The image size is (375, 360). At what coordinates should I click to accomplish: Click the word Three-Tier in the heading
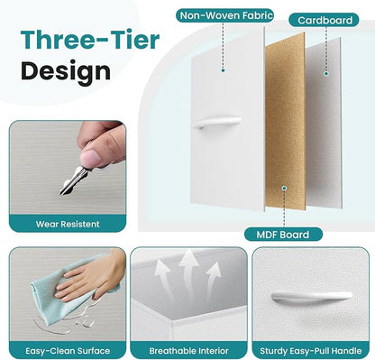(x=90, y=40)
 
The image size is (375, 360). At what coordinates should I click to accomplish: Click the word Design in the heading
(x=66, y=71)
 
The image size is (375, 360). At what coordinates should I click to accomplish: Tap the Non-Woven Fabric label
(x=226, y=15)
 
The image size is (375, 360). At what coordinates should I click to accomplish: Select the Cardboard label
(x=325, y=20)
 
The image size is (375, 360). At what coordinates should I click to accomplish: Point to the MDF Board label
(x=283, y=235)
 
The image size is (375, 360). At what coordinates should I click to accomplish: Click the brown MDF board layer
(x=285, y=120)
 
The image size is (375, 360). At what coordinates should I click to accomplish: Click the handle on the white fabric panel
(x=217, y=123)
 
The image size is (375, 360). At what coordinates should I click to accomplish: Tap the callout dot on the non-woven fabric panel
(x=223, y=70)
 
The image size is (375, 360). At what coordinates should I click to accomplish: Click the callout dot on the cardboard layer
(x=326, y=74)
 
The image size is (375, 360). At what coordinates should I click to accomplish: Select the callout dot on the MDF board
(x=284, y=189)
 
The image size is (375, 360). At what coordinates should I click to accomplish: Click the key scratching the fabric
(x=73, y=180)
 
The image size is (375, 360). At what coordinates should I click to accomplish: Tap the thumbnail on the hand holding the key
(x=91, y=159)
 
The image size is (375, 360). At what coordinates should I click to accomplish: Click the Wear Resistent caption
(x=68, y=224)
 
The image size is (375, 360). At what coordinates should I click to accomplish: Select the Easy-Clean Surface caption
(x=68, y=351)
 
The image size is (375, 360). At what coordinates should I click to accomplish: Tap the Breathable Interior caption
(x=188, y=351)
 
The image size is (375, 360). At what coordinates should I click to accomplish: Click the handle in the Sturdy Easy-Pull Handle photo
(x=312, y=296)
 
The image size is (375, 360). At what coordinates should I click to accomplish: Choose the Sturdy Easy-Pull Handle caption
(x=311, y=351)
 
